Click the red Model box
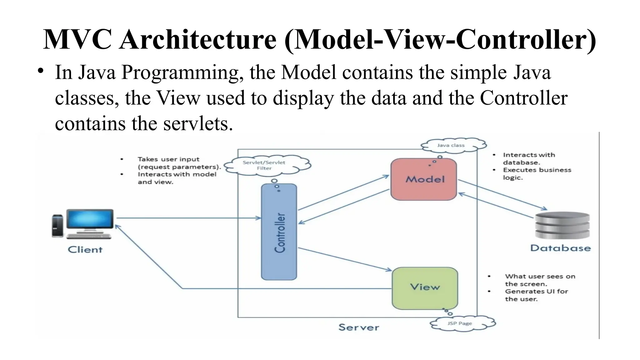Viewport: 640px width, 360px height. tap(423, 179)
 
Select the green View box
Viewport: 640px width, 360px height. tap(425, 287)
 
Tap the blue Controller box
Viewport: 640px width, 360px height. tap(279, 232)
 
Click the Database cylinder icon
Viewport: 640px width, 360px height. tap(562, 225)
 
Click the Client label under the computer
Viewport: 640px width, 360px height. tap(85, 250)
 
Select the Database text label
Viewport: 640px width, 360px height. tap(561, 248)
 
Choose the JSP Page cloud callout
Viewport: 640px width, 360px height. tap(461, 323)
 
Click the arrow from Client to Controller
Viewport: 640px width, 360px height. tap(187, 218)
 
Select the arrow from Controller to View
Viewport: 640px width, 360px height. tap(344, 259)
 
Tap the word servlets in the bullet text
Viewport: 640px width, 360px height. tap(197, 123)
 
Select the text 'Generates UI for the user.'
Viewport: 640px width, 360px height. tap(536, 295)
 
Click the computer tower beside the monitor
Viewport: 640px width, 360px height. tap(57, 226)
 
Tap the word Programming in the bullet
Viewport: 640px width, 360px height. tap(182, 72)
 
